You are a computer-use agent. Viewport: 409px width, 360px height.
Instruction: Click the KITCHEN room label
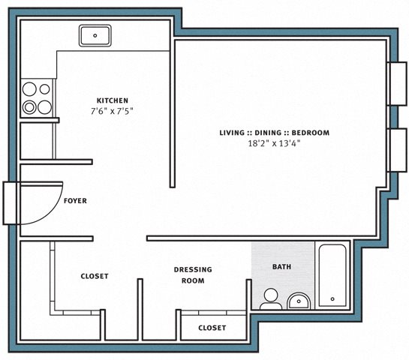(113, 100)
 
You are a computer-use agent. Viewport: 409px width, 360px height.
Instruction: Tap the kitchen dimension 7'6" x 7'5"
(112, 111)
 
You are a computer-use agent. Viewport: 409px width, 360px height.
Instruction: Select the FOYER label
(75, 201)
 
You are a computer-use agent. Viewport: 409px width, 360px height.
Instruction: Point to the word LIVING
(232, 133)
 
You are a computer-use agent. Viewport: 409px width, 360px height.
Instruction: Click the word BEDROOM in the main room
(311, 133)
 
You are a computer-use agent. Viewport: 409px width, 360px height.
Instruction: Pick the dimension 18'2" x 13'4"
(274, 143)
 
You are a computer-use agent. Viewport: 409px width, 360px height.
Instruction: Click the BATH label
(281, 267)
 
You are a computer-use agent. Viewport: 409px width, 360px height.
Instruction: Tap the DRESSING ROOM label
(193, 275)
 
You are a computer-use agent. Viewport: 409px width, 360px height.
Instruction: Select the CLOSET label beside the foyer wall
(95, 276)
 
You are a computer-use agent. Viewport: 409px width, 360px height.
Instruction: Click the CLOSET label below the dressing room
(212, 328)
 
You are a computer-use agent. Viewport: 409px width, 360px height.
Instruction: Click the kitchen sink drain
(95, 35)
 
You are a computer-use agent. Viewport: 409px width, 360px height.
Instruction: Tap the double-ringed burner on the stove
(29, 107)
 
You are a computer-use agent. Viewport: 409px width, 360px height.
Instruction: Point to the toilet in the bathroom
(271, 299)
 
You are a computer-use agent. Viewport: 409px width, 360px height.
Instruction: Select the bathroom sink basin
(299, 301)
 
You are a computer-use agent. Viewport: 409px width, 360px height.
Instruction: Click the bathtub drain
(332, 299)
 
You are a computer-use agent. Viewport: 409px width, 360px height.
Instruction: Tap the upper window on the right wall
(398, 84)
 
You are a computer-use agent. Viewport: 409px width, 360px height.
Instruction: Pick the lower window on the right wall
(398, 151)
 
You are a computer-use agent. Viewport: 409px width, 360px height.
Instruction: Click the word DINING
(268, 133)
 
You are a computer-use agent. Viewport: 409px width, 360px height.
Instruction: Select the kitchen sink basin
(95, 36)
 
